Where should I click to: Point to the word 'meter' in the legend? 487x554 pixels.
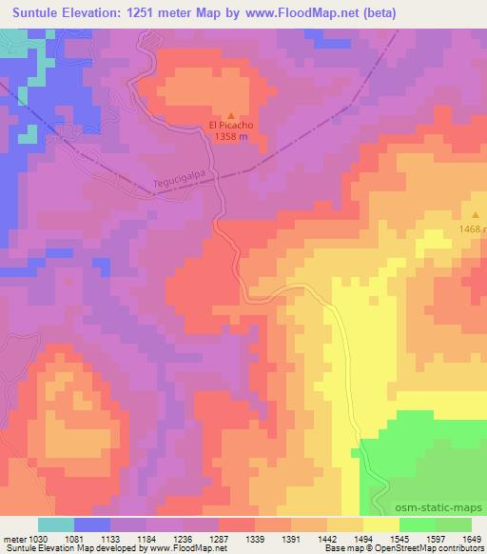(14, 538)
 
